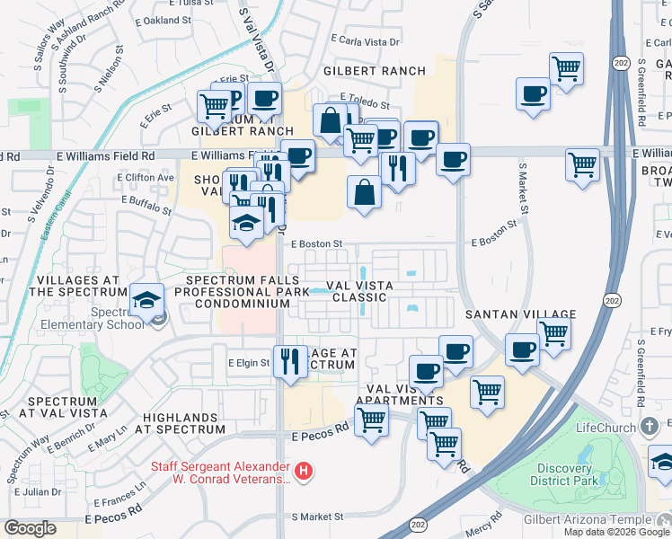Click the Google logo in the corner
point(31,528)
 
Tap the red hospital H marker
point(305,470)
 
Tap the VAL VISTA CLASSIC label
point(359,291)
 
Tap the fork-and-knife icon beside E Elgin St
point(288,361)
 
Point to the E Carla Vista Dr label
point(365,40)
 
